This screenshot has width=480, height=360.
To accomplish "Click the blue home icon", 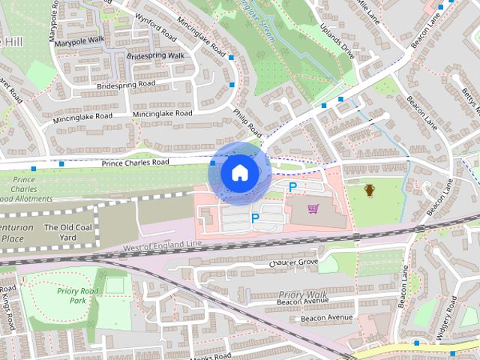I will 238,172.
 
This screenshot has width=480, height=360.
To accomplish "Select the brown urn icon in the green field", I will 370,190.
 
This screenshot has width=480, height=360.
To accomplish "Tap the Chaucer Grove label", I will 293,262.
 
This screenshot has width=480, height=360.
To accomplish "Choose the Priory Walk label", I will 300,294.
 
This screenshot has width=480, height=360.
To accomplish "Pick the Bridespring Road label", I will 127,87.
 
